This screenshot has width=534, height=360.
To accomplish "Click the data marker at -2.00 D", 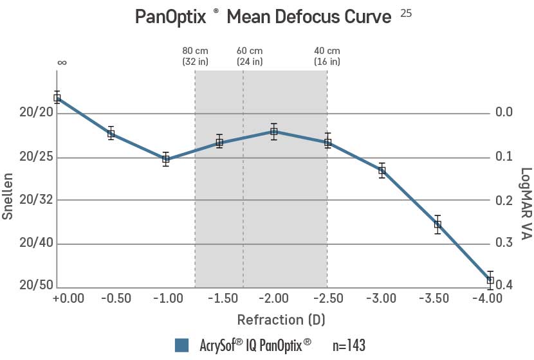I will (x=274, y=131).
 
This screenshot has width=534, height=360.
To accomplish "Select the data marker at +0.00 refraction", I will (x=57, y=98).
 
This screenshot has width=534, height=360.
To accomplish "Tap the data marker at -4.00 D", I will (x=490, y=280).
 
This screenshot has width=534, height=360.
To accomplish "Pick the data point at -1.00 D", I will (x=166, y=159).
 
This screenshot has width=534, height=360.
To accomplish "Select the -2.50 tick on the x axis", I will (x=327, y=298).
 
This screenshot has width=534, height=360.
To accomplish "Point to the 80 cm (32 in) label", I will (x=195, y=57).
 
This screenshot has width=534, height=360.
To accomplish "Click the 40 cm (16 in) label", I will (x=327, y=57).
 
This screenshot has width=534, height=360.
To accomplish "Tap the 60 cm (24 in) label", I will (x=249, y=57).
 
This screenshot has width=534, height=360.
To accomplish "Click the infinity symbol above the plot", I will (x=62, y=63).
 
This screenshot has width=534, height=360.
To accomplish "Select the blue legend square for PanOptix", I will (x=181, y=345).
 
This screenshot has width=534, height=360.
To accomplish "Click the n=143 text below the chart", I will (x=349, y=345).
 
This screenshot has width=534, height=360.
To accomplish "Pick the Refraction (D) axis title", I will (x=279, y=319).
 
